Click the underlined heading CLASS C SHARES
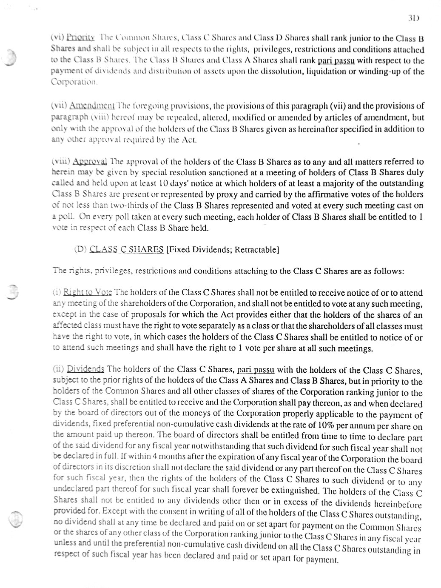pyautogui.click(x=127, y=249)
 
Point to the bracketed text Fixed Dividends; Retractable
pyautogui.click(x=222, y=249)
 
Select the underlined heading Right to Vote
pyautogui.click(x=88, y=293)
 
